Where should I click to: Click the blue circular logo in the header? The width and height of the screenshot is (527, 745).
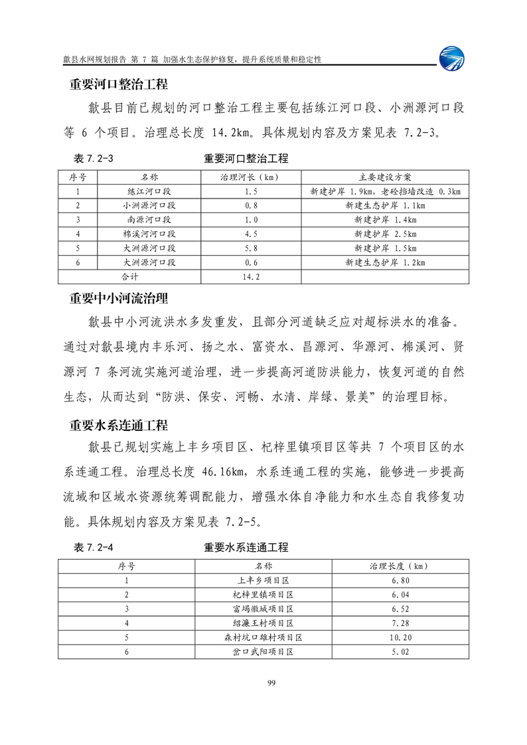[x=453, y=57]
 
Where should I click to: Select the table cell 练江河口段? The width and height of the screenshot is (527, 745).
[x=149, y=191]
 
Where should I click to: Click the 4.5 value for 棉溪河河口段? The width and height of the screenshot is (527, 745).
[x=251, y=234]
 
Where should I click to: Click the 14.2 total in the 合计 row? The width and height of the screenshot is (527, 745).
[x=251, y=276]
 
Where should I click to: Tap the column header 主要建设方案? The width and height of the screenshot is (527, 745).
[x=385, y=177]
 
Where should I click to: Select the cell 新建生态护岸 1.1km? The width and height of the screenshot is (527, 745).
[x=385, y=205]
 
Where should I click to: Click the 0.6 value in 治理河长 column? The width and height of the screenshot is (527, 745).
[x=251, y=262]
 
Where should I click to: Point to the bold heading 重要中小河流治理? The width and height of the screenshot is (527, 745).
[x=119, y=299]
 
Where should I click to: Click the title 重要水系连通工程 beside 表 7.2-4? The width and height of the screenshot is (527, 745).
[x=246, y=548]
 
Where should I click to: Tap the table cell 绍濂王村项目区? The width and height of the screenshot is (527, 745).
[x=263, y=623]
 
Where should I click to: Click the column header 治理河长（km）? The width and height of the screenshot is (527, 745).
[x=251, y=177]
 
